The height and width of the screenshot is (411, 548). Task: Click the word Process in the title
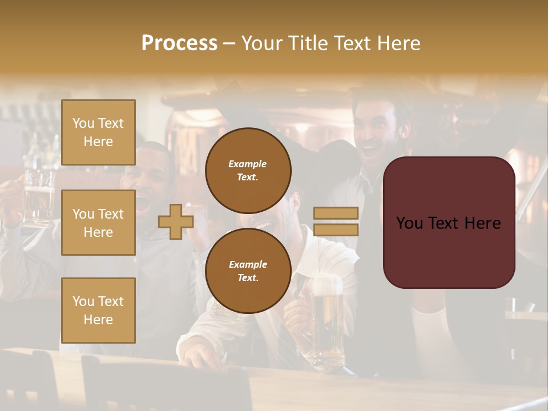coord(179,43)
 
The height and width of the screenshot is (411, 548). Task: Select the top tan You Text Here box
coord(98,132)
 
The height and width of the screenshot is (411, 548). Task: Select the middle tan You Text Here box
coord(98,223)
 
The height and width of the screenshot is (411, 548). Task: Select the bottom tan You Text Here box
coord(98,310)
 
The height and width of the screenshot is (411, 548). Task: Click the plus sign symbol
coord(176,222)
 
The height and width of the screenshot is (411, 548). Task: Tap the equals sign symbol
coord(336,221)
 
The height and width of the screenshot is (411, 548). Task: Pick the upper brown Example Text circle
coord(248,170)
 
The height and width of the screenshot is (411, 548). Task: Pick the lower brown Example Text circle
coord(248,271)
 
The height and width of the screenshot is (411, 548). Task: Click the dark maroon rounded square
coord(449,223)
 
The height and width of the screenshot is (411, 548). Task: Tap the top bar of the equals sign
coord(336,213)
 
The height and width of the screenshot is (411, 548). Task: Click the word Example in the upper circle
coord(247,164)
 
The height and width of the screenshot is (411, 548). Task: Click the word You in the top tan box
coord(83,123)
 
